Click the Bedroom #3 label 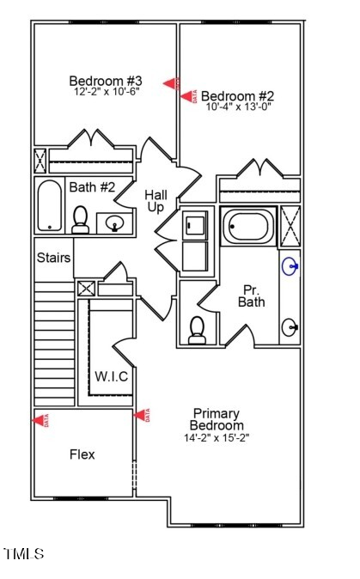(104, 81)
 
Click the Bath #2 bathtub (51, 205)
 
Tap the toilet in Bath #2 (82, 220)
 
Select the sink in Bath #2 (114, 224)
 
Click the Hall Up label (156, 201)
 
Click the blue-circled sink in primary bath (291, 266)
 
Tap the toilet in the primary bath (197, 330)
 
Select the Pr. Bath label (251, 296)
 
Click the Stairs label (53, 257)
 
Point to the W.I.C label (112, 375)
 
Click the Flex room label (82, 454)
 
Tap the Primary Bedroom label (217, 419)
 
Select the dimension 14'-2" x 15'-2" (217, 437)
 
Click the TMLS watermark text (24, 554)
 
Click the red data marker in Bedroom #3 (173, 82)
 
